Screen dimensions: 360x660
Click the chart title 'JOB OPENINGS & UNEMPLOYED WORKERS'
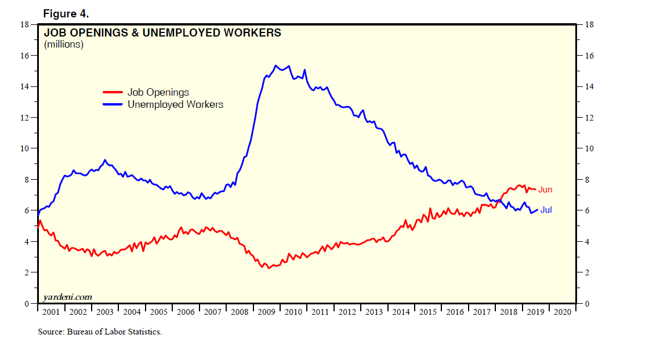point(162,33)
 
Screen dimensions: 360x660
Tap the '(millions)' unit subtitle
point(64,44)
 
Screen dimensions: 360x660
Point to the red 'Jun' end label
point(545,190)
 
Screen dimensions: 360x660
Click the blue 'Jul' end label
point(546,210)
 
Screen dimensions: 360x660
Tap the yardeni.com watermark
point(67,297)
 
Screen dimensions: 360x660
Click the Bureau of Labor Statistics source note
point(99,332)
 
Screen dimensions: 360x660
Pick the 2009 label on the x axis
point(266,312)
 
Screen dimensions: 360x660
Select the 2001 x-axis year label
point(50,312)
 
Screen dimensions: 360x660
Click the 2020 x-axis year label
point(562,312)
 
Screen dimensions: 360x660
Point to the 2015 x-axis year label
point(427,312)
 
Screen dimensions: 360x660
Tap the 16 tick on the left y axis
point(24,56)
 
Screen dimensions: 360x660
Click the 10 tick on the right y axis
point(590,148)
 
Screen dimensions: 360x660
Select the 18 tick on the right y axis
point(590,24)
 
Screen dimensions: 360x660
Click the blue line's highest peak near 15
point(275,66)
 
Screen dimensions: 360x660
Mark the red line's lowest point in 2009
point(269,268)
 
